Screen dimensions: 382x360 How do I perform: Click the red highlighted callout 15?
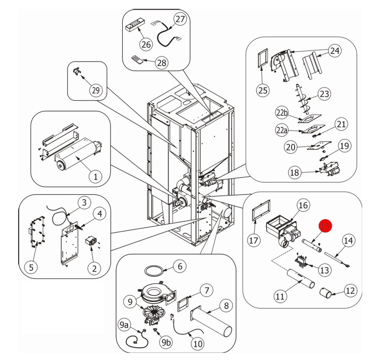[x=325, y=226]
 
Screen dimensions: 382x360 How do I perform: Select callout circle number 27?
[x=180, y=19]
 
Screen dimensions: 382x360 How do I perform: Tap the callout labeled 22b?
[x=282, y=113]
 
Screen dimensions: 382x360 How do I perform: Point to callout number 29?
[x=96, y=90]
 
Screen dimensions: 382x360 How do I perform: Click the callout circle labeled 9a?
[x=124, y=325]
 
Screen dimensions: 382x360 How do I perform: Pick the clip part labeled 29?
[x=77, y=72]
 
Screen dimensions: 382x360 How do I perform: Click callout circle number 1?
[x=95, y=177]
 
